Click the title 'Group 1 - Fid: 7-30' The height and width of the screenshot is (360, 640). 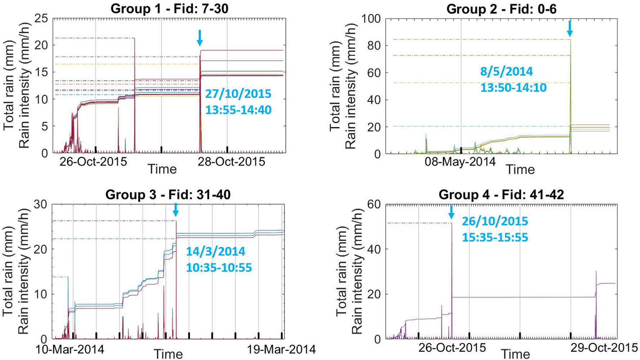(x=169, y=9)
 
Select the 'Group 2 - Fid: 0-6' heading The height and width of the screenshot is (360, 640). (x=501, y=9)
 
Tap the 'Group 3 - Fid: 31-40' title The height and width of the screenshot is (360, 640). (x=168, y=195)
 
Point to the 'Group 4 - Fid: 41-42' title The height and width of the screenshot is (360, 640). (x=501, y=195)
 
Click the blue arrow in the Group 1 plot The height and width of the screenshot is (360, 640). (x=200, y=37)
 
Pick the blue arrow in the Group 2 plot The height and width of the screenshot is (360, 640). (x=569, y=28)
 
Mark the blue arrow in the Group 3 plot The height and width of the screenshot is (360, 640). (x=175, y=209)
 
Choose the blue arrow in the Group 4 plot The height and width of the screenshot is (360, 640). (x=451, y=212)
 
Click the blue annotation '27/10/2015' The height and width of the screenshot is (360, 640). (x=238, y=94)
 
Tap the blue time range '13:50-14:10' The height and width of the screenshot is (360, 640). (x=513, y=88)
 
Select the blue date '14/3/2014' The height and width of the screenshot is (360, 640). (x=215, y=251)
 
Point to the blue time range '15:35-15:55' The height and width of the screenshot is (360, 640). (x=495, y=237)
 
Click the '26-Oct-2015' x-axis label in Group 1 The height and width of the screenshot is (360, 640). (x=93, y=161)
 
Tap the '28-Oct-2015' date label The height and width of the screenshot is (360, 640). (x=231, y=161)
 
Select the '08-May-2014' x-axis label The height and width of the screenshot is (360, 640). (x=460, y=161)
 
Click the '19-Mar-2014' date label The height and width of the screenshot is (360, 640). (x=281, y=349)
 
